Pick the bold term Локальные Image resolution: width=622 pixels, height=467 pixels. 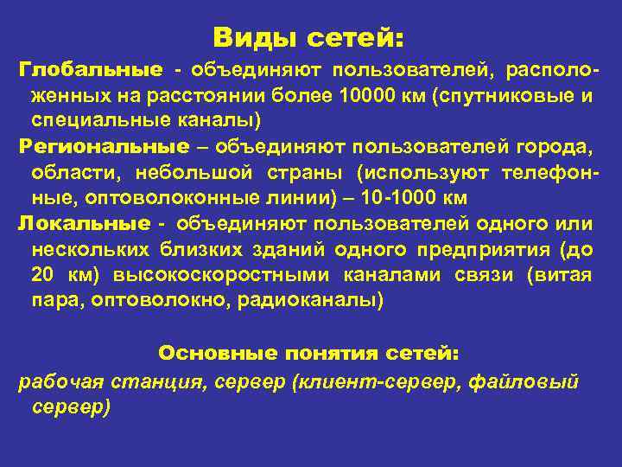point(84,223)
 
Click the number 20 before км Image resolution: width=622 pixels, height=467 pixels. point(41,275)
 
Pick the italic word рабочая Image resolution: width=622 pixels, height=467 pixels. point(58,381)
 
